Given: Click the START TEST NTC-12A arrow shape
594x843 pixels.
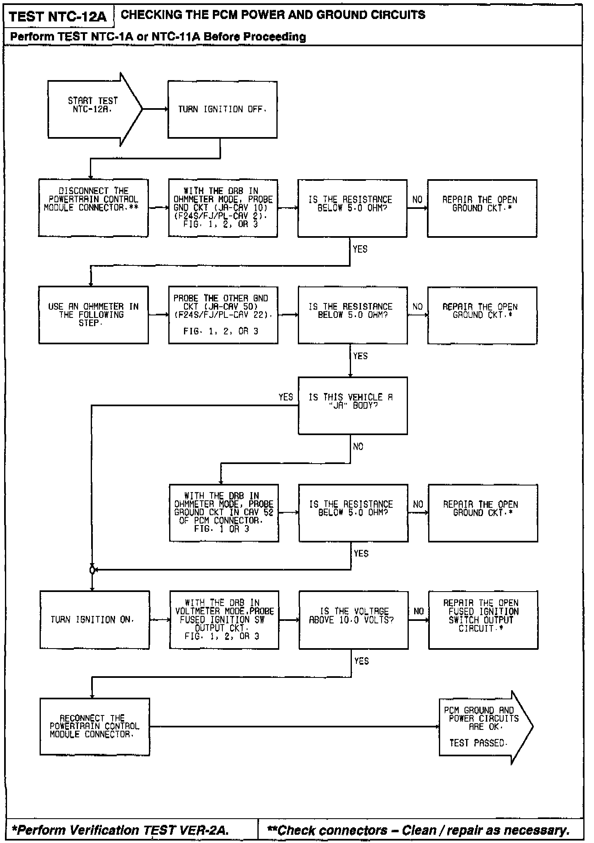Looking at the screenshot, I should (x=93, y=109).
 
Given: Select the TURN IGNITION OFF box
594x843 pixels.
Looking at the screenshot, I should (x=222, y=109).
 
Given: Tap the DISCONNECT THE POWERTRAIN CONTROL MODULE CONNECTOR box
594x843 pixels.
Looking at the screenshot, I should (x=93, y=208).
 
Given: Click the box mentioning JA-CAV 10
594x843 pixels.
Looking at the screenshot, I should (x=223, y=208).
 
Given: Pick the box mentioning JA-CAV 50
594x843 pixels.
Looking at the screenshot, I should (x=223, y=315).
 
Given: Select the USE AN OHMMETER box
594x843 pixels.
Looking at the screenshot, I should (x=93, y=315).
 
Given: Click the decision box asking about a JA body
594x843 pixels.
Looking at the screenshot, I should (x=352, y=405).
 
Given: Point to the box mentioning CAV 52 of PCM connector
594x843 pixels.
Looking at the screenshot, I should (x=224, y=512).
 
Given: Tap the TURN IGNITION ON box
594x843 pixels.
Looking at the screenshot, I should (x=94, y=619).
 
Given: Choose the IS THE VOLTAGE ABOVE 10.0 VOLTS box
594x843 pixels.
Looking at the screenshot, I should (x=353, y=619).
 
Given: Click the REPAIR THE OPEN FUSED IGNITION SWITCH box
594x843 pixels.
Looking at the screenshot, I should (x=483, y=619).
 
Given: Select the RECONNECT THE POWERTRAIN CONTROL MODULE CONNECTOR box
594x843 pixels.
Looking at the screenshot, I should (x=94, y=727).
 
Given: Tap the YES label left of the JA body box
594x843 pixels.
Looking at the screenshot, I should (x=285, y=397).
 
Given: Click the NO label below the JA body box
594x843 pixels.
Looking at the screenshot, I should (x=358, y=447).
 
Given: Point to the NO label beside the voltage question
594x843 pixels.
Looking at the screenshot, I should (x=418, y=611).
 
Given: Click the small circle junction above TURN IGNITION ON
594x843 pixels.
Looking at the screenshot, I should (x=92, y=570).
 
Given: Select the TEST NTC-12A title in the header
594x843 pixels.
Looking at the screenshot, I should (x=58, y=17).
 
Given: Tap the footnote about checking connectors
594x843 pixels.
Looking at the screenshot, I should (x=418, y=830).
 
